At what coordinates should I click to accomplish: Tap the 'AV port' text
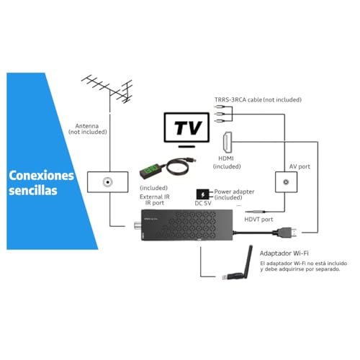click(x=299, y=166)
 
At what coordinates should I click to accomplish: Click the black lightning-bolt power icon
click(x=204, y=194)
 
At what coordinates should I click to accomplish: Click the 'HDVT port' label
click(x=258, y=220)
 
